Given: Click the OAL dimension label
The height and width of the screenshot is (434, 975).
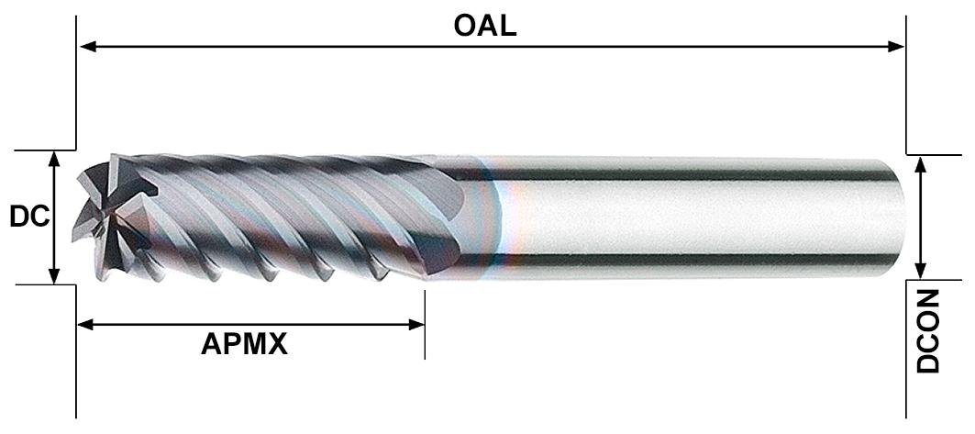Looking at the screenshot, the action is click(485, 26).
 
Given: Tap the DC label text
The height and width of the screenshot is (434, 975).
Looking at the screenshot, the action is click(29, 217).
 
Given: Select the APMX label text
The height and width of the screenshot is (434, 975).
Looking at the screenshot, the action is click(244, 344).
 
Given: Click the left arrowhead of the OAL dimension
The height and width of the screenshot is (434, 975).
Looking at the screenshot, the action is click(88, 47).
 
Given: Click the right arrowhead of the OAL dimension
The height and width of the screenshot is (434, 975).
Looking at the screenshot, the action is click(895, 47).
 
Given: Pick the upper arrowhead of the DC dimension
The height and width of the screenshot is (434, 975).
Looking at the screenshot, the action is click(55, 160).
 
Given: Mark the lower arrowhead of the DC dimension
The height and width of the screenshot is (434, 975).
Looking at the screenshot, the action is click(55, 275).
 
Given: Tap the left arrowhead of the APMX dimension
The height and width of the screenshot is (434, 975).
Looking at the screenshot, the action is click(85, 325).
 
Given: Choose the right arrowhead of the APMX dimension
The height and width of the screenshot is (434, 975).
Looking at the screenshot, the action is click(415, 325).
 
